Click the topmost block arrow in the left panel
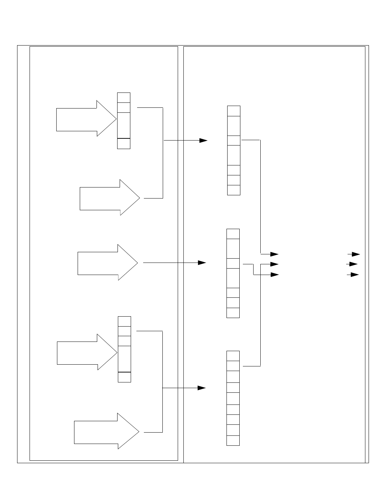coord(85,118)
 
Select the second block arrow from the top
coord(109,197)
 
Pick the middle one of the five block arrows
coord(107,262)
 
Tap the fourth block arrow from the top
coord(86,352)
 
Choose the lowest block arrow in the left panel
coord(106,431)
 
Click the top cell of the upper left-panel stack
coord(124,97)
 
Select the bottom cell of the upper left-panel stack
coord(124,143)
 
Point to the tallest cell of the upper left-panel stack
coord(124,125)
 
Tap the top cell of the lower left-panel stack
coord(124,321)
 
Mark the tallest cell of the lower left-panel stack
coord(124,359)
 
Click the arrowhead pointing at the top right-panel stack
coord(203,141)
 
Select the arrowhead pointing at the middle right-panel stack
coord(202,263)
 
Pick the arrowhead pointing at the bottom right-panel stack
coord(202,387)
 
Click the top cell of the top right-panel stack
coord(234,111)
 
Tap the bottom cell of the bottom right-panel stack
coord(233,440)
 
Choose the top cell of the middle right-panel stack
coord(233,234)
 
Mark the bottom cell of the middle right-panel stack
coord(233,313)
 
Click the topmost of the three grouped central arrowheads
coord(274,254)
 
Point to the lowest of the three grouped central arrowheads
coord(274,275)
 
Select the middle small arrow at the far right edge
coord(353,264)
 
